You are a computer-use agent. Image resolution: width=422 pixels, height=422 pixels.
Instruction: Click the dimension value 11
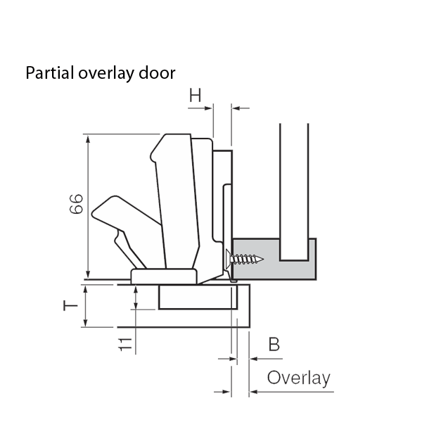click(124, 344)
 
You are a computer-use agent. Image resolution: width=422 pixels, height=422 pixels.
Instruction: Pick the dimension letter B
click(274, 345)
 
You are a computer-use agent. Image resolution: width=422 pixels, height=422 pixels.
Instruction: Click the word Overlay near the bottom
click(298, 378)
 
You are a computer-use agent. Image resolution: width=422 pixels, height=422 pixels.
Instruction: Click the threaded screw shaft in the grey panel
click(250, 259)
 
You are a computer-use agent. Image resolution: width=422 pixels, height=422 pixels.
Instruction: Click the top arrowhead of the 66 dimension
click(88, 139)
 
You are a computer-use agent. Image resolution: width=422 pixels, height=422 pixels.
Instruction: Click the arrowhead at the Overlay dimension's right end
click(253, 392)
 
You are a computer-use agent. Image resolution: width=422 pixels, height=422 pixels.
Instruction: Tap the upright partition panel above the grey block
click(293, 183)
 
